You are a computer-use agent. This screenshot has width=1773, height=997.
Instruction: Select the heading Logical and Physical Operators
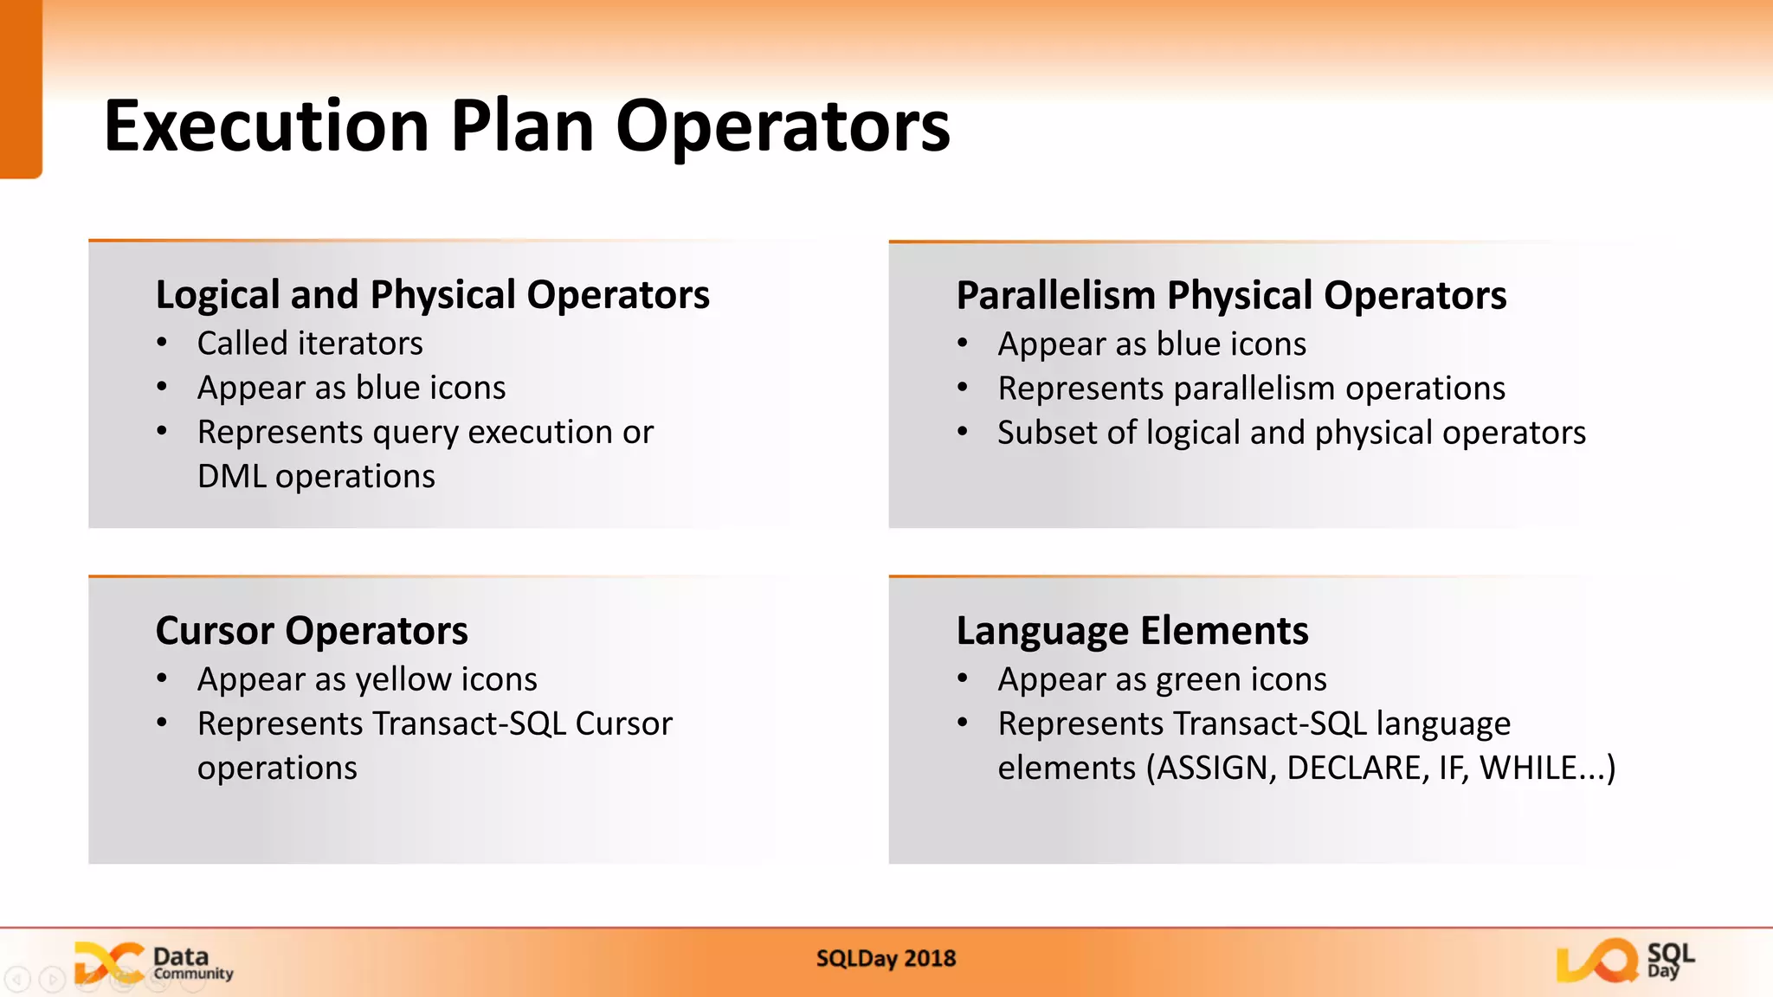tap(432, 295)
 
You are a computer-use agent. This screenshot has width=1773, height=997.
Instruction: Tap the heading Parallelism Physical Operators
tap(1230, 296)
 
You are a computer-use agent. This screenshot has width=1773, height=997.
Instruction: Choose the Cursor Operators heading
tap(312, 631)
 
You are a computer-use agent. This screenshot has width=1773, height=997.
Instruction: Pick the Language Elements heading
tap(1131, 631)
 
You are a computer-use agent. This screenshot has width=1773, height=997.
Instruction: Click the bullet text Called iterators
tap(310, 344)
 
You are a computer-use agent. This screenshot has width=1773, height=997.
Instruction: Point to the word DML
tap(231, 477)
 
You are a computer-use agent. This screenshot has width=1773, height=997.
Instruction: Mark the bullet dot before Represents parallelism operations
tap(962, 388)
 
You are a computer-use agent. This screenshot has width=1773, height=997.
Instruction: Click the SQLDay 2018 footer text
tap(886, 959)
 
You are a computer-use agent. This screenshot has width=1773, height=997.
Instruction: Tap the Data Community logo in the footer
tap(154, 963)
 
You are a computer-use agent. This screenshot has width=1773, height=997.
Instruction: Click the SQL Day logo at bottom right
tap(1624, 961)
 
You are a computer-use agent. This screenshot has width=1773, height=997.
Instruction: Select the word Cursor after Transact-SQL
tap(623, 724)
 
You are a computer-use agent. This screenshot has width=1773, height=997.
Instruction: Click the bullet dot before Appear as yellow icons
tap(162, 679)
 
